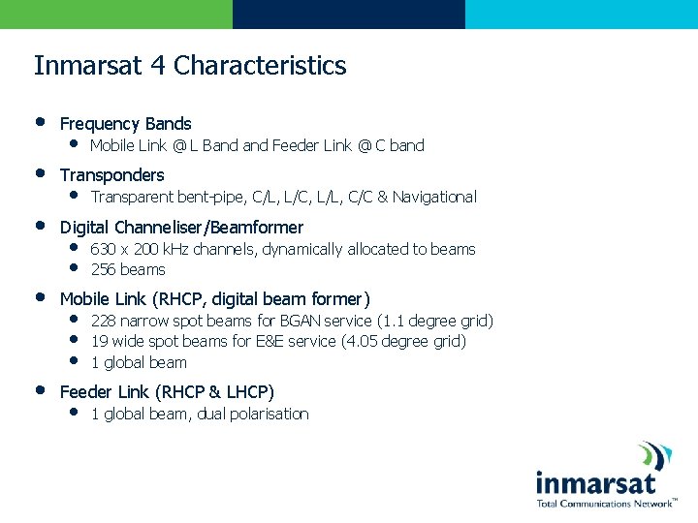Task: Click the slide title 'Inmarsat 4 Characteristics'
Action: click(x=190, y=66)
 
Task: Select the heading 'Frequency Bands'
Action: click(x=125, y=124)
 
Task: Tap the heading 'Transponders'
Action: click(x=111, y=175)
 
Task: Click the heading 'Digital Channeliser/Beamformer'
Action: click(x=181, y=228)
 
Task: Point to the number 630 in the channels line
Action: click(x=102, y=250)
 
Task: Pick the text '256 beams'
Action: click(x=128, y=270)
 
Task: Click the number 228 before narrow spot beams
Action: click(x=102, y=322)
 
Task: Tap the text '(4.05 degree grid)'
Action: click(x=403, y=342)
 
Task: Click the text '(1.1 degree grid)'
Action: click(x=434, y=322)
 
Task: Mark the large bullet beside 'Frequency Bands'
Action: click(x=40, y=123)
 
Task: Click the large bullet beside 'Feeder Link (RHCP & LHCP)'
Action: click(x=40, y=391)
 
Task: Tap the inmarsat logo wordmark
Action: click(x=595, y=482)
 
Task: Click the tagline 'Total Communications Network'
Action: click(x=605, y=504)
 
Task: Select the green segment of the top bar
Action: click(x=116, y=14)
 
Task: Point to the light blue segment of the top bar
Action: click(x=582, y=14)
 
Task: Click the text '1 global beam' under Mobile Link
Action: click(x=139, y=363)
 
